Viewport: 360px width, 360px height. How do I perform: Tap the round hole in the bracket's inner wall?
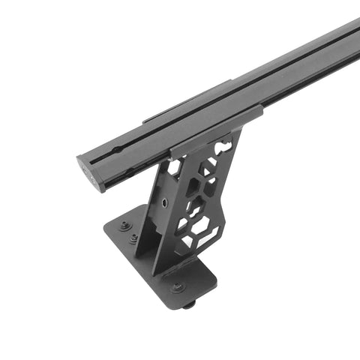[x=163, y=202]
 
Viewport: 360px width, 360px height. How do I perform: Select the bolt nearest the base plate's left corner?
[x=124, y=225]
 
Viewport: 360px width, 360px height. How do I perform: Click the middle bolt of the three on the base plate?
[x=133, y=238]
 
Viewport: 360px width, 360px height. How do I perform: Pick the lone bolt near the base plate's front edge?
[x=177, y=286]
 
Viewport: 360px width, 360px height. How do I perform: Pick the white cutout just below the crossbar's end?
[x=175, y=169]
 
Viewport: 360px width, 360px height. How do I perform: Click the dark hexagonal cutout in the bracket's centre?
[x=196, y=206]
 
